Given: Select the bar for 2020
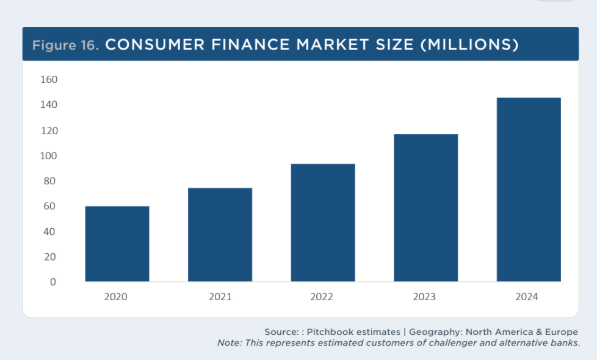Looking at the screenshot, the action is click(x=117, y=244).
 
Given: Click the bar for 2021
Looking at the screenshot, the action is click(x=220, y=235).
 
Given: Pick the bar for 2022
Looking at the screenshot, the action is click(x=323, y=223).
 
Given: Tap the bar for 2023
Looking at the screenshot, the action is click(x=425, y=208).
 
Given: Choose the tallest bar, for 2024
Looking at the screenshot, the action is click(x=529, y=190).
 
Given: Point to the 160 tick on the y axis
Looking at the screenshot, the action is click(x=49, y=79).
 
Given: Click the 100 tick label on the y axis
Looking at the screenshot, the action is click(x=48, y=156).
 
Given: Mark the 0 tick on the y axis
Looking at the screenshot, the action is click(x=53, y=282).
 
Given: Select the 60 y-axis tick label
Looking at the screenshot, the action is click(x=49, y=206).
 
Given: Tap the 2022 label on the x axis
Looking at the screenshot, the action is click(x=322, y=297).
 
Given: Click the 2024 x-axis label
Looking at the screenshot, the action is click(x=527, y=297).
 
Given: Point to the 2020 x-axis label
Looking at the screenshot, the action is click(x=116, y=297).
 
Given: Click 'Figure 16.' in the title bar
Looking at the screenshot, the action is click(x=65, y=45).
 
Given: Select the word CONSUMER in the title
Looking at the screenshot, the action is click(x=155, y=45).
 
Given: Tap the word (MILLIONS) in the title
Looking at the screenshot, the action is click(x=470, y=45).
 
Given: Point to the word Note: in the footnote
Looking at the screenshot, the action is click(x=230, y=343).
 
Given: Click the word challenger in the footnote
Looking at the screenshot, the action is click(x=452, y=343).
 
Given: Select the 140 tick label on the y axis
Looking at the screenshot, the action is click(x=49, y=105).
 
